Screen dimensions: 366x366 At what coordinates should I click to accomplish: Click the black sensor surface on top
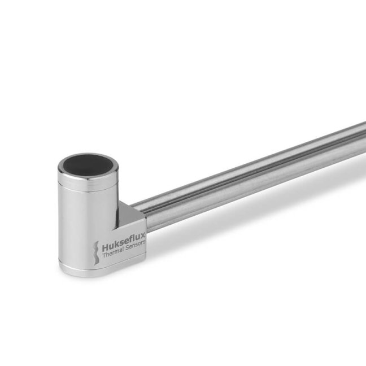click(x=89, y=164)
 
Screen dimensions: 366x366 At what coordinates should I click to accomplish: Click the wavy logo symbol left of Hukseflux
click(x=95, y=251)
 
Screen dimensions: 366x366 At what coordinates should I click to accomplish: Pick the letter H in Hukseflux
click(x=105, y=248)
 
